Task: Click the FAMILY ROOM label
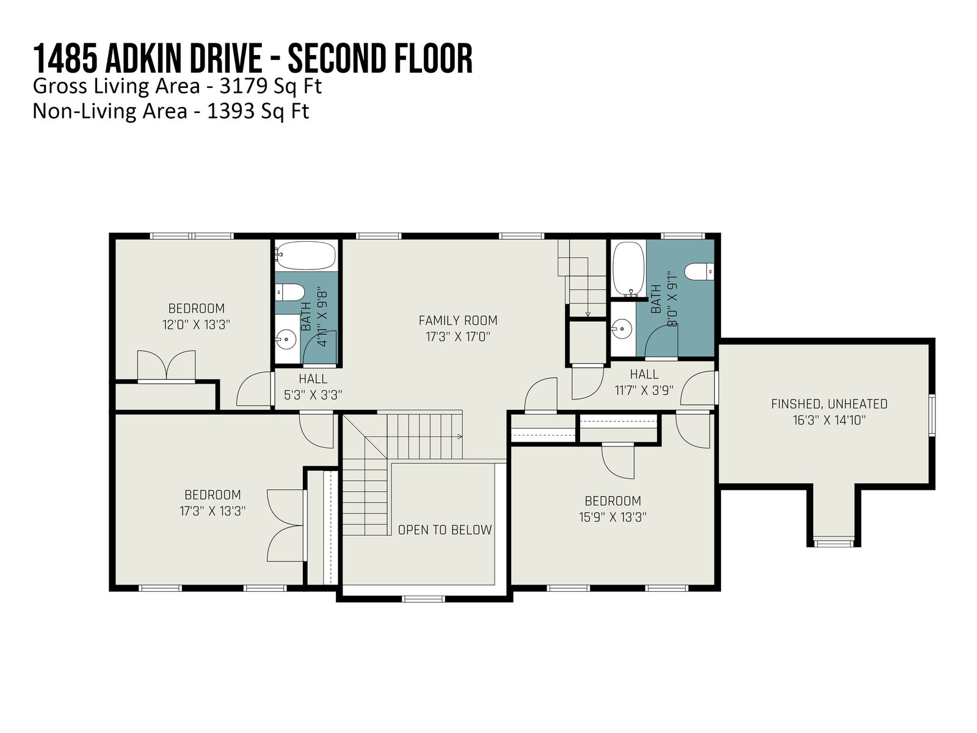click(457, 321)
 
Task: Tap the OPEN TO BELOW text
click(445, 530)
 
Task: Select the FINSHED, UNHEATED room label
click(829, 404)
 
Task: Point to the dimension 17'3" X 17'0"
click(457, 337)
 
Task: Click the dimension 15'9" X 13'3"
click(612, 517)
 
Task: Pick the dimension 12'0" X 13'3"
click(196, 325)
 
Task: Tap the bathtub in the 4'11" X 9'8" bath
click(305, 255)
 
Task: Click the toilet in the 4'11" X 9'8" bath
click(290, 293)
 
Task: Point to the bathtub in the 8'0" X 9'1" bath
click(628, 269)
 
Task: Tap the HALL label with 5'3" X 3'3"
click(313, 379)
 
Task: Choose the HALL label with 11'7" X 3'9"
click(644, 374)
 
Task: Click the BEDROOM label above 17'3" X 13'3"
click(212, 495)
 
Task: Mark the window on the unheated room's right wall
click(932, 415)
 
